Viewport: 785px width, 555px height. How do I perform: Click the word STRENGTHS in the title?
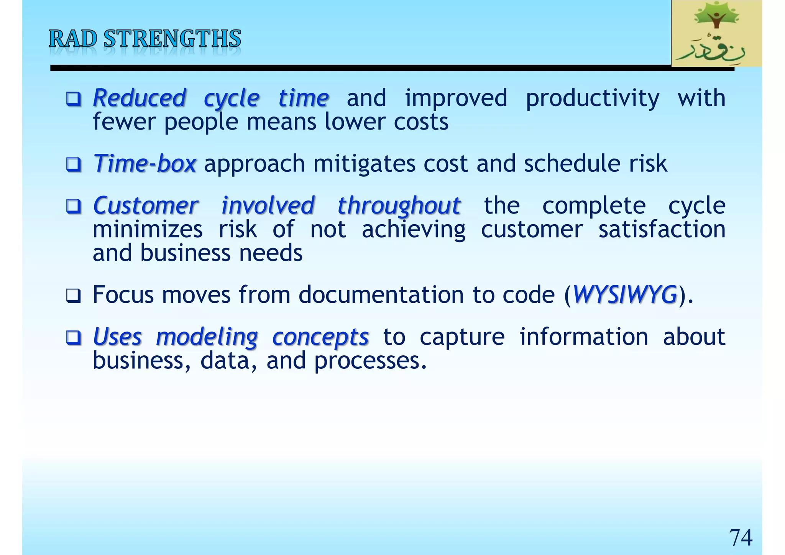coord(172,39)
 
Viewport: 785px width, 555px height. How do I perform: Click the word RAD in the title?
coord(73,39)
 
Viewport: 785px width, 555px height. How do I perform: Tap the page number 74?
coord(740,538)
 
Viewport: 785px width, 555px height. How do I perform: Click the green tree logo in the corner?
coord(716,33)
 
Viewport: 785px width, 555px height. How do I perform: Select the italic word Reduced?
coord(140,98)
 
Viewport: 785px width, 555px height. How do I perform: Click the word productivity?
coord(592,98)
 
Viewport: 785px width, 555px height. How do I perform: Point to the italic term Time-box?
coord(145,164)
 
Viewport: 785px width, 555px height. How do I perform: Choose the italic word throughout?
coord(399,206)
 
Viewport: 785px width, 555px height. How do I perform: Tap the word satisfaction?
coord(662,230)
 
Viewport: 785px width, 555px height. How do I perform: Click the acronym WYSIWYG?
coord(624,295)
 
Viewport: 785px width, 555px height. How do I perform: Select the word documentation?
coord(381,295)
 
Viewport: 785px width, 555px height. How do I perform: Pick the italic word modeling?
coord(207,337)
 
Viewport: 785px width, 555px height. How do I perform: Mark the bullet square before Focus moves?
coord(73,296)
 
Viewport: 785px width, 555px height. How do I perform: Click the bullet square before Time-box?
coord(73,165)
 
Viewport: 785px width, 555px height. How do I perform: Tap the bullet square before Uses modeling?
coord(73,338)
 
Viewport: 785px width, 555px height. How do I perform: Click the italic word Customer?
coord(146,206)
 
